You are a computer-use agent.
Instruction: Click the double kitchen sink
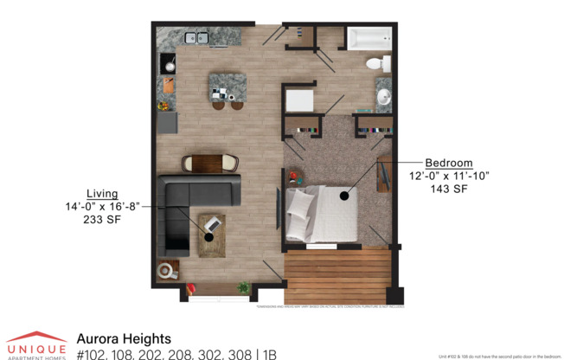[196, 37]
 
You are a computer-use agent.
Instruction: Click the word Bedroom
[448, 163]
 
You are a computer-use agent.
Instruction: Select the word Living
[102, 193]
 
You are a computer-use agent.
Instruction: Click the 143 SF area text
[449, 189]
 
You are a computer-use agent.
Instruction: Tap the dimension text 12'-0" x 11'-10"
[449, 176]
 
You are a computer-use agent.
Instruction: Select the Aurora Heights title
[124, 339]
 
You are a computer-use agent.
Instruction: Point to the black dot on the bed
[345, 196]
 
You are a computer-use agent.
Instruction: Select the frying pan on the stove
[169, 65]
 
